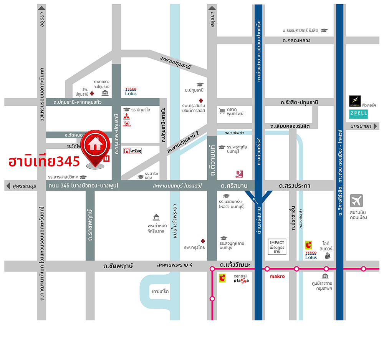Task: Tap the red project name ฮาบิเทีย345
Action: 44,161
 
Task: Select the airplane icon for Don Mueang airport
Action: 356,201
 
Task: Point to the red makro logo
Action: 277,276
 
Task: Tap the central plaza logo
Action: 241,278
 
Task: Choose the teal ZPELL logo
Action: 358,114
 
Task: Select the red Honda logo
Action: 127,124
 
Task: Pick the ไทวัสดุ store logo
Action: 132,151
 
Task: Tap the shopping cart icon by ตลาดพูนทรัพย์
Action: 222,111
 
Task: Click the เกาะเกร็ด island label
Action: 160,292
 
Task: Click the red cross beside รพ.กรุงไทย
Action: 198,240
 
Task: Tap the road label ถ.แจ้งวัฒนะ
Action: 235,265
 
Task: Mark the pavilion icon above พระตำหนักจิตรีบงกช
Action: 156,217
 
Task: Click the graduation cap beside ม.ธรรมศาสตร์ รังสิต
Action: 324,30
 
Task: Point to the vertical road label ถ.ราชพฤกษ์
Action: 90,225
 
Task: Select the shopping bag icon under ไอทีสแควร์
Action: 328,255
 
